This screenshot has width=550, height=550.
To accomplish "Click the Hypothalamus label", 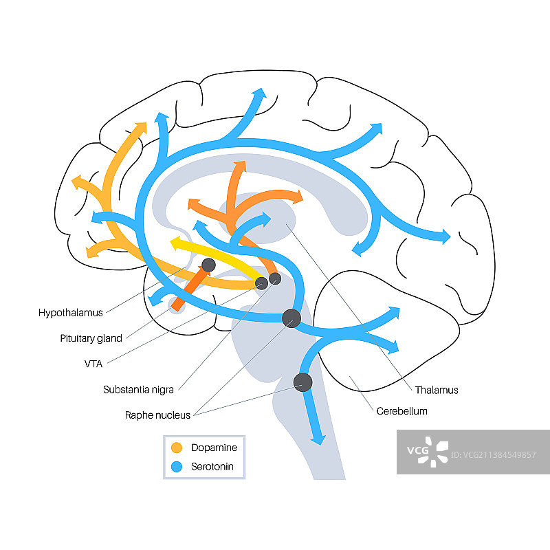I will point(71,313).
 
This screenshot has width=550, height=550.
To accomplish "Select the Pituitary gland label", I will point(91,338).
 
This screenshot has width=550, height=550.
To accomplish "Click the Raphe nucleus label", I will point(157,415).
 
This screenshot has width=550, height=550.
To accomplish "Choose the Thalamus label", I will point(436,390).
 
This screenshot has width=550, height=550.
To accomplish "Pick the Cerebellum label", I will point(402,411).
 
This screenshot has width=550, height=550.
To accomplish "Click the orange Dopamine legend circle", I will point(177,448).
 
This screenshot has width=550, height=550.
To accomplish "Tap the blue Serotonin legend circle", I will point(177,467).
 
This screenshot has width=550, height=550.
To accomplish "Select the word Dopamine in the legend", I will point(214,448).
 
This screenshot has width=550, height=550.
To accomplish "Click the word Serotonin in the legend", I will point(213,467).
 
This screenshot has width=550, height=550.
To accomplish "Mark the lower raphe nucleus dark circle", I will point(302,382).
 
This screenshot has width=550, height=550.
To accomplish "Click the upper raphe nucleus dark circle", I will point(291,317).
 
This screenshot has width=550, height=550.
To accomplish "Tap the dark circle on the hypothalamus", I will point(208,265).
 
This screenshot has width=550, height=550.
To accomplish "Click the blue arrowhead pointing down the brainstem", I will point(318,439).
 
